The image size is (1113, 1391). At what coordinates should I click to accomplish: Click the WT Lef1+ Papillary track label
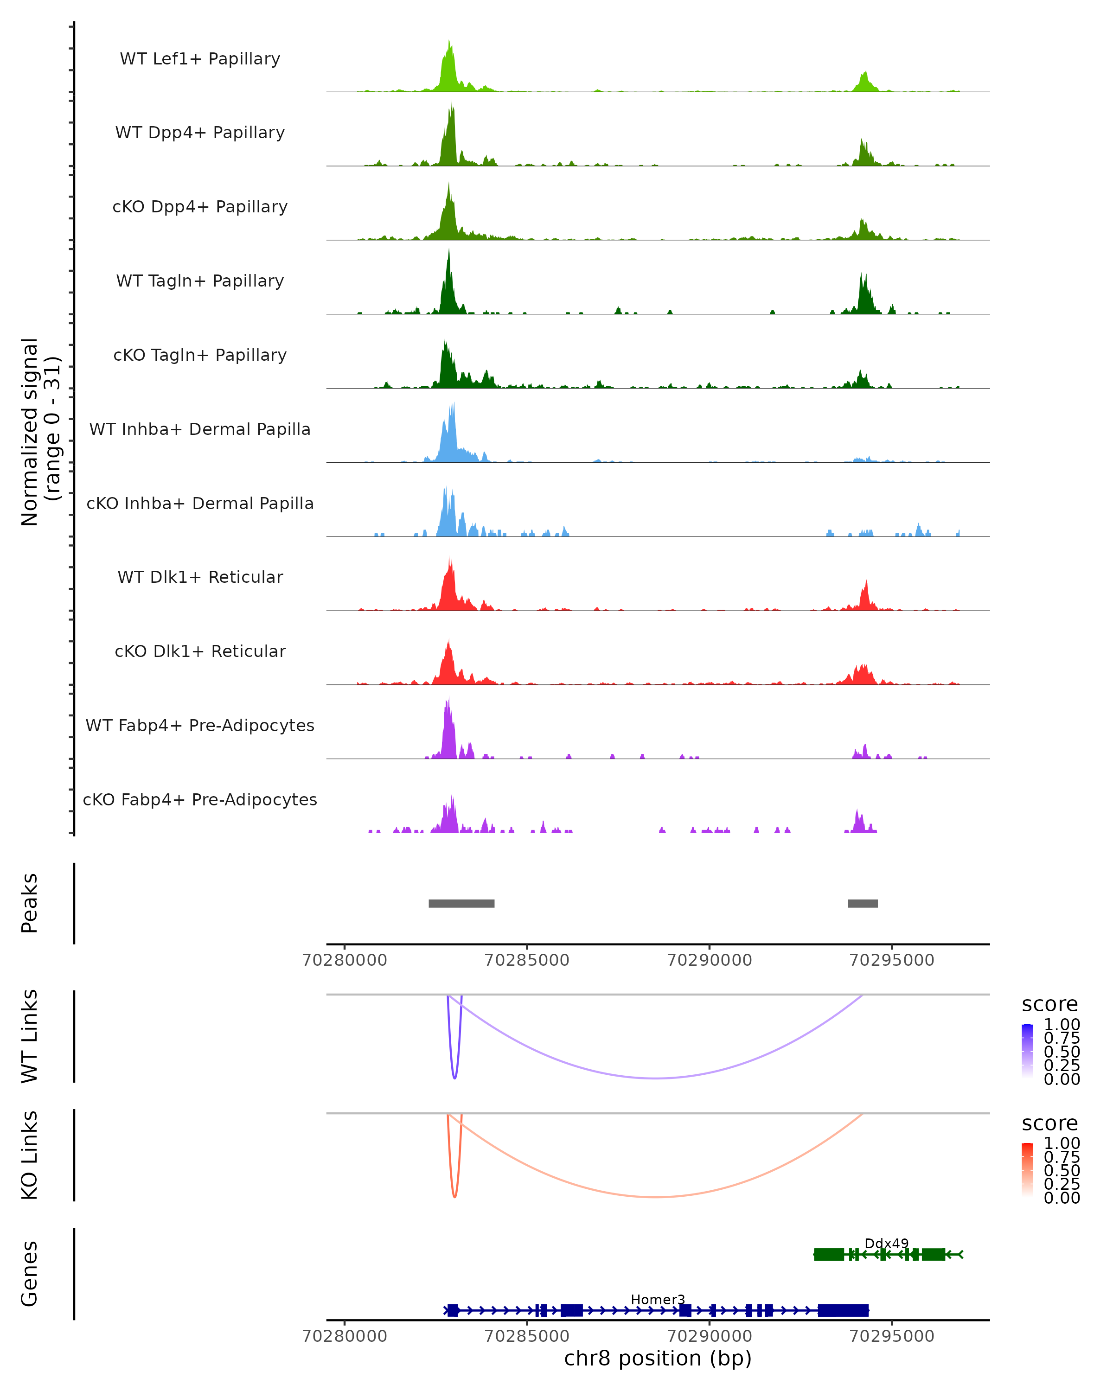[200, 59]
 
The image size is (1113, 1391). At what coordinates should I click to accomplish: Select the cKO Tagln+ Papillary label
[200, 355]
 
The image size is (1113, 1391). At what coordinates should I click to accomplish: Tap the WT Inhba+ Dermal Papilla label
[200, 429]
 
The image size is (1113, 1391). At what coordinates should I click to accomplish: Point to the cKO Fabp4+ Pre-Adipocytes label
[200, 799]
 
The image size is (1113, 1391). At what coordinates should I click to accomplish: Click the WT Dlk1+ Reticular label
[200, 577]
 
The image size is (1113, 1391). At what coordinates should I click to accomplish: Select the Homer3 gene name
[658, 1299]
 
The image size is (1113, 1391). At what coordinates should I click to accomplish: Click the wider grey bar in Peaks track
[461, 903]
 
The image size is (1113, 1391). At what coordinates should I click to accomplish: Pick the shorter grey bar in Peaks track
[863, 903]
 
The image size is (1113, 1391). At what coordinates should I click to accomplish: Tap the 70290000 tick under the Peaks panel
[709, 960]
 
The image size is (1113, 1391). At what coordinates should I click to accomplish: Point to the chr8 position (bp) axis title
[658, 1358]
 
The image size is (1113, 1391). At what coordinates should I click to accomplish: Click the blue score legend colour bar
[1027, 1051]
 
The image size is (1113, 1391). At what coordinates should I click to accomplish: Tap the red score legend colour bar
[1027, 1170]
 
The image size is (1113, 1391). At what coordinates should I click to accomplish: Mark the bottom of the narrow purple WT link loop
[455, 1078]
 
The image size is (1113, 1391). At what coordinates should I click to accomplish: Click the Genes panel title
[30, 1274]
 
